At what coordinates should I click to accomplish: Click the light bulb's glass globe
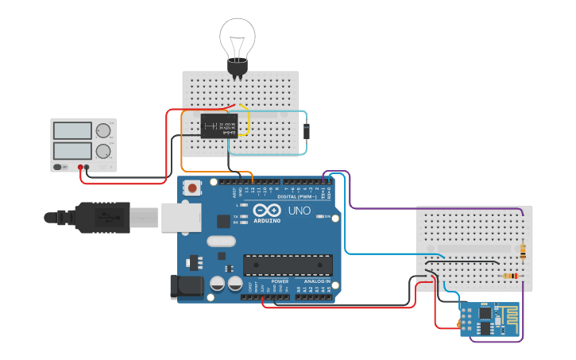[x=238, y=35]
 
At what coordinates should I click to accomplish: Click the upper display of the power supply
[x=72, y=131]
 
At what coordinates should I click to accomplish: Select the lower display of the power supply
[x=72, y=150]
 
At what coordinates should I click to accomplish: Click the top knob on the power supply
[x=103, y=131]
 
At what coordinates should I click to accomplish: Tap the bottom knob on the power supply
[x=103, y=151]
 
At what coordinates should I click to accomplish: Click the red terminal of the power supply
[x=80, y=168]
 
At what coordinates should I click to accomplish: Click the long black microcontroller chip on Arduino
[x=288, y=264]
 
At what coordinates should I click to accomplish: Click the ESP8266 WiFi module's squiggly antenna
[x=506, y=316]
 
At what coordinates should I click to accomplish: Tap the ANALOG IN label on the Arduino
[x=315, y=281]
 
